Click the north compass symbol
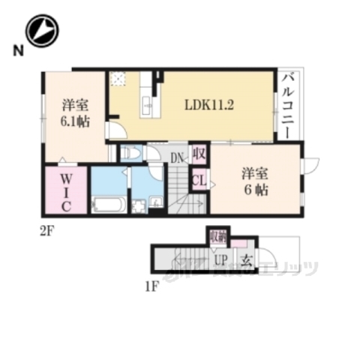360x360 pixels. click(x=42, y=31)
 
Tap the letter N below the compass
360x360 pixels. click(x=16, y=51)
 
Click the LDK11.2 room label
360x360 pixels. click(x=211, y=105)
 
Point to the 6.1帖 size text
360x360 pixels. click(x=76, y=122)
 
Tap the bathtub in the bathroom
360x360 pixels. click(x=110, y=204)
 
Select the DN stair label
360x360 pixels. click(x=177, y=158)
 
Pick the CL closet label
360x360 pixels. click(x=199, y=180)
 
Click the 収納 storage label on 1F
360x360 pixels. click(x=217, y=237)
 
